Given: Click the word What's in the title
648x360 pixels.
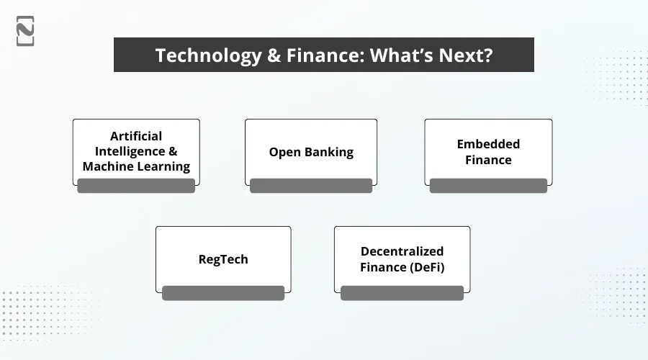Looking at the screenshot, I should pos(400,56).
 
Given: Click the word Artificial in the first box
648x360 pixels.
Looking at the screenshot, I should pos(136,136).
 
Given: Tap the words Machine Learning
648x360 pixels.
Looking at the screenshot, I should pos(136,167).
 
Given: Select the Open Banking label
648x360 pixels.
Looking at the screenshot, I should pos(311,152).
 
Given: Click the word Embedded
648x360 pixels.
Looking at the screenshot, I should pos(488,144).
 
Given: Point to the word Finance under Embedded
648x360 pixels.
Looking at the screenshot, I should pos(488,160).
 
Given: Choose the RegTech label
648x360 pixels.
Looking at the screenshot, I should pos(223,259).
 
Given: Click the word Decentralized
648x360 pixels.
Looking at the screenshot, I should pos(402,251).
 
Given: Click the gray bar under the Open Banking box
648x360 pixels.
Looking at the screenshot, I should pos(311,186).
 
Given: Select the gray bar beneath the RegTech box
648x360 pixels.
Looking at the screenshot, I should pos(223,292).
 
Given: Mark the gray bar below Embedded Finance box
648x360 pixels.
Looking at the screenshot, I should pos(488,186).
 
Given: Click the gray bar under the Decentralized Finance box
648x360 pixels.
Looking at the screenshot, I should pos(402,292).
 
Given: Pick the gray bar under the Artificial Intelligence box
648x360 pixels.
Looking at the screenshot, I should pos(136,186).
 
